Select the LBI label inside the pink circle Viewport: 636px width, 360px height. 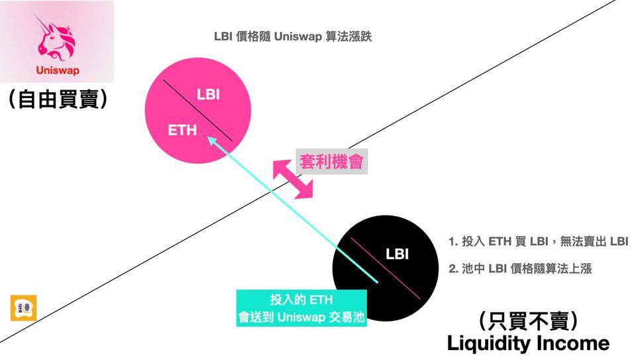pyautogui.click(x=208, y=94)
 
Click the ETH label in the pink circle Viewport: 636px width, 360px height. pyautogui.click(x=182, y=130)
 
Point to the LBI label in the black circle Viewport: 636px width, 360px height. pyautogui.click(x=397, y=254)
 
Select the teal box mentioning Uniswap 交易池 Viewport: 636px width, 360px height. pyautogui.click(x=301, y=308)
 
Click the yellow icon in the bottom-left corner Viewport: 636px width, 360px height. pyautogui.click(x=24, y=309)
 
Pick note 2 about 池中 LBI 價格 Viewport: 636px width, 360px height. pyautogui.click(x=519, y=269)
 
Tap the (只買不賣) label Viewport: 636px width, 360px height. pyautogui.click(x=528, y=322)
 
